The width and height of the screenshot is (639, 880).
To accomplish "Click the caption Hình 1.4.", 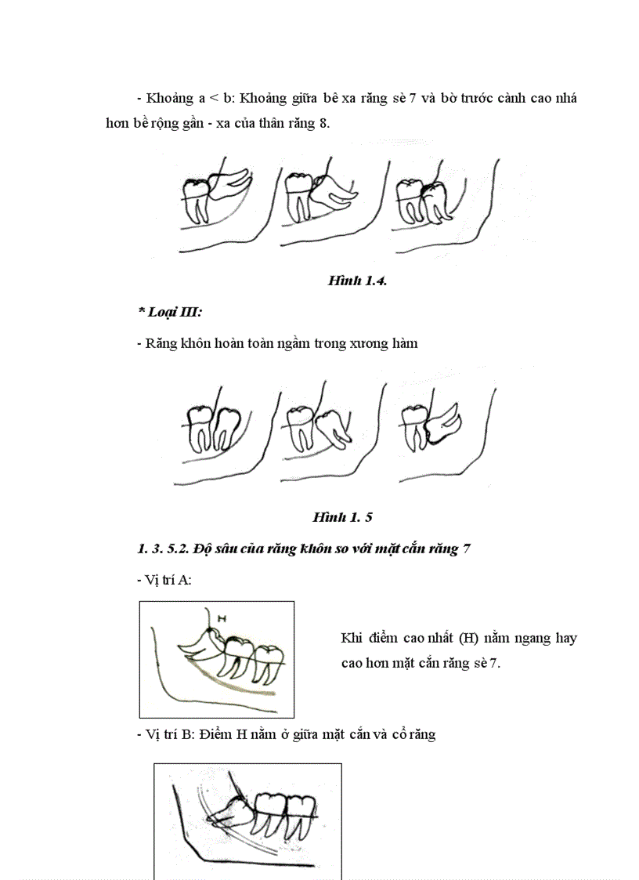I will [x=357, y=281].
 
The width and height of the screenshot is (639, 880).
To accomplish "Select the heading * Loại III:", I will [x=170, y=312].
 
